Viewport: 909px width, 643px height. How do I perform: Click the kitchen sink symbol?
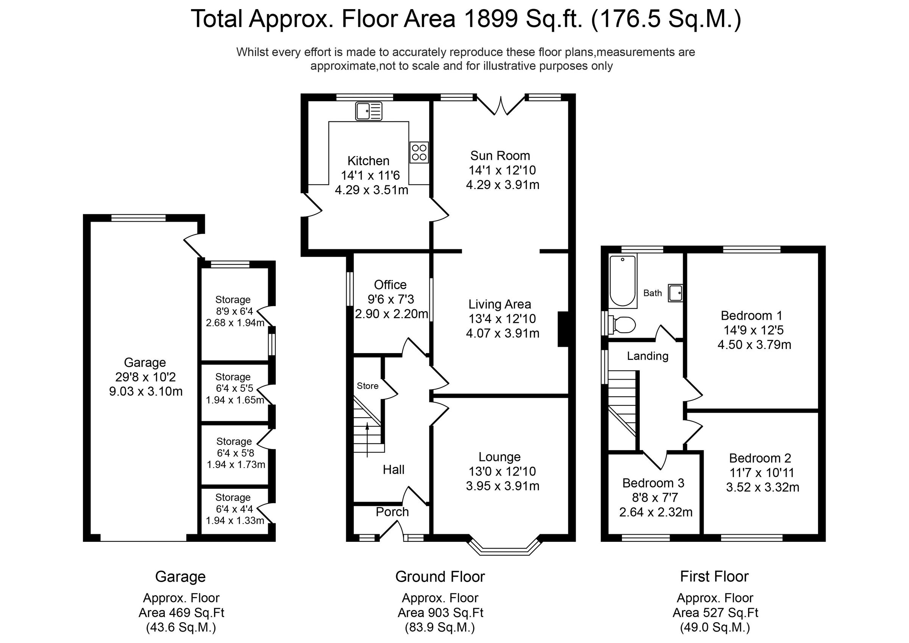pos(369,111)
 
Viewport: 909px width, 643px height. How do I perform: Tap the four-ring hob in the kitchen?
pos(419,153)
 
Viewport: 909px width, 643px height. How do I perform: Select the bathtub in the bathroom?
pos(623,281)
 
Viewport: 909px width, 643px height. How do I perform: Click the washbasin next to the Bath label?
pos(675,293)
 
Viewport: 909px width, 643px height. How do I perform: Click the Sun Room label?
pos(500,156)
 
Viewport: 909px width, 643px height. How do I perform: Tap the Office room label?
pos(390,285)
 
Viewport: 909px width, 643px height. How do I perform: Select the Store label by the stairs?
pos(367,386)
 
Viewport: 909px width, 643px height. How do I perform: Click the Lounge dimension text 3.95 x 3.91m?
pos(502,486)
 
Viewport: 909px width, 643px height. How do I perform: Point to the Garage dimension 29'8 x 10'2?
pos(145,377)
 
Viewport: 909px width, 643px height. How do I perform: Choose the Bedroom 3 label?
pos(653,483)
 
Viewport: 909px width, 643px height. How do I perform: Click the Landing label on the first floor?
pos(647,356)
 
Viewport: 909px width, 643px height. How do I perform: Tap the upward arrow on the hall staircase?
pos(367,440)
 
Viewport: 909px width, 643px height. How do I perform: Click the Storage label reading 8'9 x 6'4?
pos(234,311)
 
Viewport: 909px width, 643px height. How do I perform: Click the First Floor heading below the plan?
pos(714,576)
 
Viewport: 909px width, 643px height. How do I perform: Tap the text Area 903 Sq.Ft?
pos(440,613)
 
